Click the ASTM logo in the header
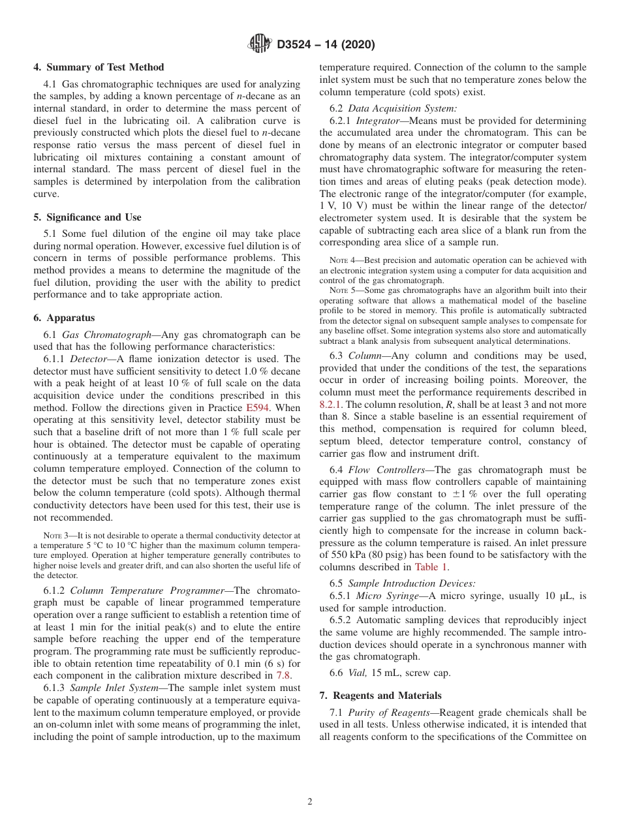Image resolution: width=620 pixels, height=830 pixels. pyautogui.click(x=260, y=44)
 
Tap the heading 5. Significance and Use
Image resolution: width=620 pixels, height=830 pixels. pyautogui.click(x=87, y=217)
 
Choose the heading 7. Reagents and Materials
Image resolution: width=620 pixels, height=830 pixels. pyautogui.click(x=380, y=696)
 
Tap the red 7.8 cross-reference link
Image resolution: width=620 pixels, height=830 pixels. pyautogui.click(x=284, y=675)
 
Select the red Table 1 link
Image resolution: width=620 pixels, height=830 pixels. pyautogui.click(x=431, y=567)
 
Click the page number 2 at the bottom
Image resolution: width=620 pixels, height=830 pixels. pyautogui.click(x=310, y=802)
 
